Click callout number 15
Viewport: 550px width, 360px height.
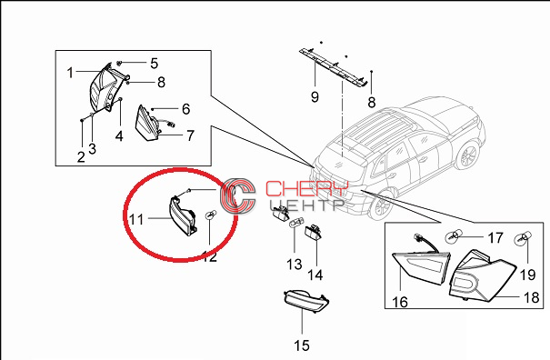pyautogui.click(x=302, y=345)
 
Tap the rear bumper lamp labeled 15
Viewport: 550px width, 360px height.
pyautogui.click(x=305, y=301)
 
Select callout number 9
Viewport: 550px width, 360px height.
pyautogui.click(x=315, y=96)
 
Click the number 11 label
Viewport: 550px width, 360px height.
pyautogui.click(x=136, y=220)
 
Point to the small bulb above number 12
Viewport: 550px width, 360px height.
pyautogui.click(x=210, y=215)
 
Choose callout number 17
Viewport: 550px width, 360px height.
pyautogui.click(x=495, y=238)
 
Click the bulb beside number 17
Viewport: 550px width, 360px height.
pyautogui.click(x=451, y=236)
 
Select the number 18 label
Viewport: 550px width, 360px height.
pyautogui.click(x=531, y=297)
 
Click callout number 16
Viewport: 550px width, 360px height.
pyautogui.click(x=400, y=302)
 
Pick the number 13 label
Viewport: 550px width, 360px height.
pyautogui.click(x=294, y=265)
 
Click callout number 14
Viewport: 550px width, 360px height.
pyautogui.click(x=315, y=275)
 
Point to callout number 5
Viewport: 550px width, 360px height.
pyautogui.click(x=155, y=64)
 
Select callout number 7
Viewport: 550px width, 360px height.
pyautogui.click(x=190, y=135)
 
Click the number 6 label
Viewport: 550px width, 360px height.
pyautogui.click(x=185, y=109)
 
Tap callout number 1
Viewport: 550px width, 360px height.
pyautogui.click(x=71, y=73)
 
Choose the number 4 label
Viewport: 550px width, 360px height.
pyautogui.click(x=119, y=136)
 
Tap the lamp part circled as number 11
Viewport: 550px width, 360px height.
pyautogui.click(x=183, y=215)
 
